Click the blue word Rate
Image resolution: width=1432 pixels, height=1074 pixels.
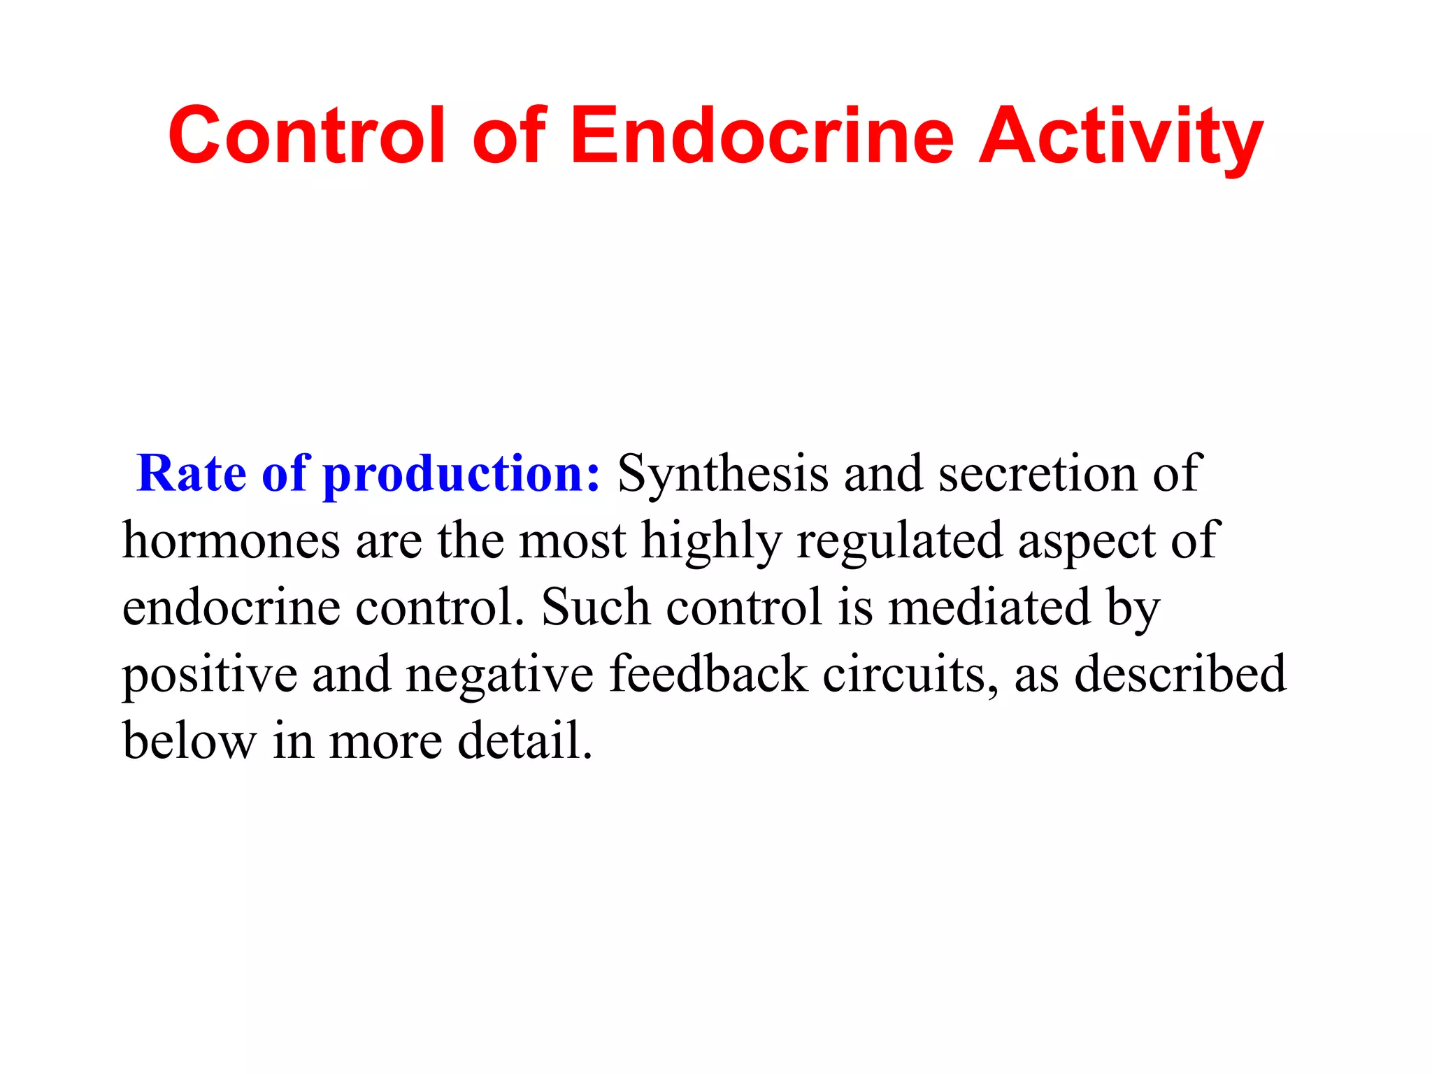tap(192, 473)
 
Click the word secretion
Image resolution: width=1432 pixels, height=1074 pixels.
tap(1038, 474)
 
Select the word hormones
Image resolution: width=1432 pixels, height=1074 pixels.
tap(231, 540)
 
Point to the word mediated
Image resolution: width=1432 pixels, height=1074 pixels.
tap(989, 606)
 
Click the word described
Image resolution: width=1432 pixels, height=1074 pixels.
tap(1180, 673)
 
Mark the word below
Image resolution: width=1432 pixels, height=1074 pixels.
tap(189, 740)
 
